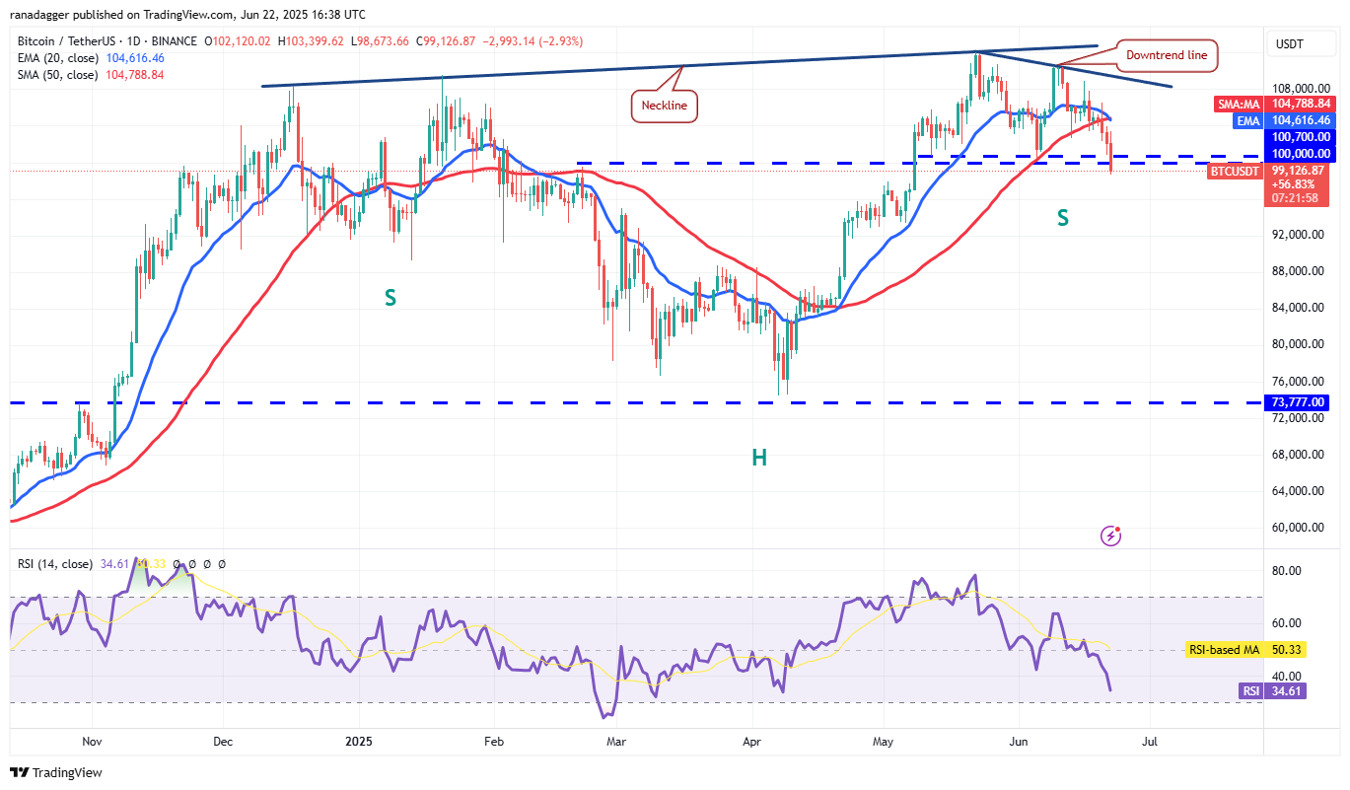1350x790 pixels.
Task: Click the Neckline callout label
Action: (664, 105)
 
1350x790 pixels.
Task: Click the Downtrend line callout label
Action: (1167, 55)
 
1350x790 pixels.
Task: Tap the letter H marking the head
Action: (759, 457)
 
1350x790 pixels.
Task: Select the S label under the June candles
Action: (1063, 218)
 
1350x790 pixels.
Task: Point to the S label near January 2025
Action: (391, 297)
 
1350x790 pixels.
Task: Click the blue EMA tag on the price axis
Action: (1247, 119)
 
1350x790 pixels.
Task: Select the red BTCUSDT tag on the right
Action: (1234, 171)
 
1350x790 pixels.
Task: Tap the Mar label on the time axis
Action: (616, 741)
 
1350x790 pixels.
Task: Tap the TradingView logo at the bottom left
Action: (56, 772)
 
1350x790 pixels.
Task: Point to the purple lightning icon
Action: (1110, 536)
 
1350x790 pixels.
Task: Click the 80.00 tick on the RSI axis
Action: (1289, 571)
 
